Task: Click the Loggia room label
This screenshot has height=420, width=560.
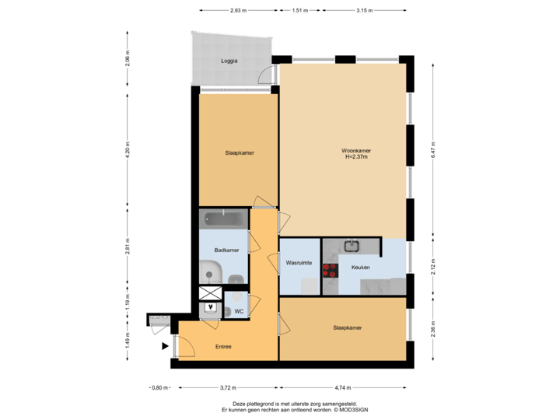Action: point(229,61)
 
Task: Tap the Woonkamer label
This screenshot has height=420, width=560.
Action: point(355,151)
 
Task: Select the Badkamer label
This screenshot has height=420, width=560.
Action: point(226,250)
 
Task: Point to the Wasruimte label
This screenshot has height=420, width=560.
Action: point(299,263)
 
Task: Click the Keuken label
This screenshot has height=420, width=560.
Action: point(360,267)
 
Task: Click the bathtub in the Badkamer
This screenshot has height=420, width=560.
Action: point(224,218)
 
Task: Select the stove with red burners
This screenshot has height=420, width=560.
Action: point(331,271)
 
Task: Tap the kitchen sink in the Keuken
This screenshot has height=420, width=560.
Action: point(352,247)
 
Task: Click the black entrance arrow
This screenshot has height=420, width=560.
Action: point(164,347)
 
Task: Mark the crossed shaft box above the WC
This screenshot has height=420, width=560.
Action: point(210,294)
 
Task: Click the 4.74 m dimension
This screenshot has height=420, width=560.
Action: point(342,387)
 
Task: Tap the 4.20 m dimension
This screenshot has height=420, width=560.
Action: point(128,153)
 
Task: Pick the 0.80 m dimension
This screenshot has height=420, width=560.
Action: point(158,387)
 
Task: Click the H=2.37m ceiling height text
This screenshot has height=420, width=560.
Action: point(355,157)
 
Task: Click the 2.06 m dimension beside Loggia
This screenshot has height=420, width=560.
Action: point(128,58)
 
